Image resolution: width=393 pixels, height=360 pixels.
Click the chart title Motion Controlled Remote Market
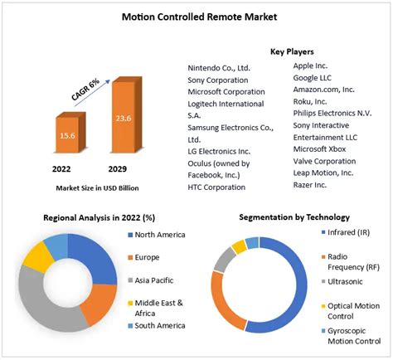[x=196, y=16]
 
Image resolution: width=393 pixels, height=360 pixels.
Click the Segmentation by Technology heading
[x=294, y=217]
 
